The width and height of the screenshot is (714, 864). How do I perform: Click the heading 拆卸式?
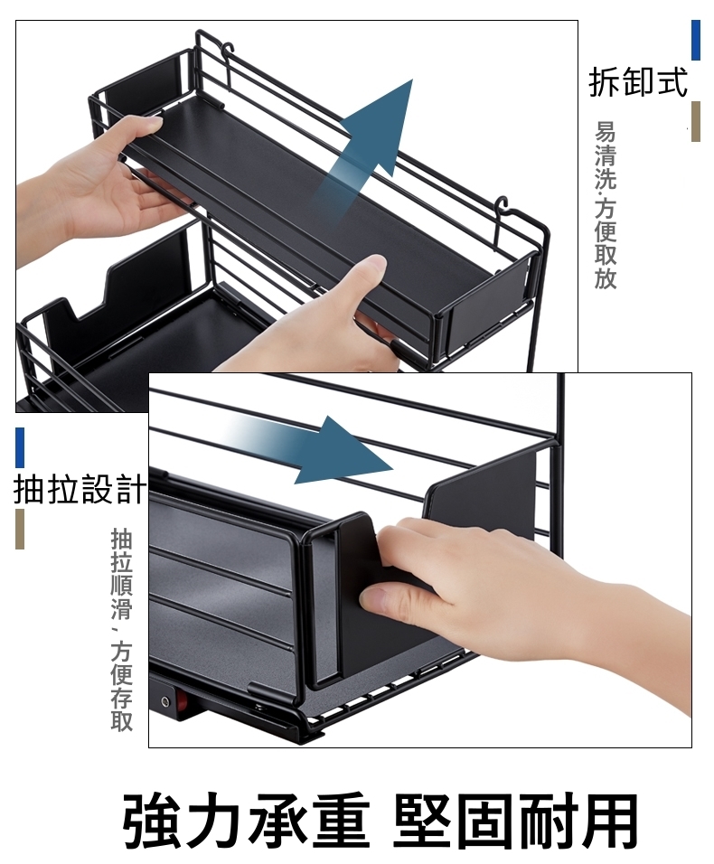(638, 82)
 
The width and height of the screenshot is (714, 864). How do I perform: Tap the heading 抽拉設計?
(80, 488)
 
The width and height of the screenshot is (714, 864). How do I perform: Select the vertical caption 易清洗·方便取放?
(605, 205)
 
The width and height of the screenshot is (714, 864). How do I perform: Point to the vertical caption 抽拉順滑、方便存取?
(121, 630)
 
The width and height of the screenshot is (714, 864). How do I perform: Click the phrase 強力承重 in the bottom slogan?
(246, 821)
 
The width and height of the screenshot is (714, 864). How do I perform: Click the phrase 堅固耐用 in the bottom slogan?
(515, 821)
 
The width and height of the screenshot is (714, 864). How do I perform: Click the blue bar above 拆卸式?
(696, 41)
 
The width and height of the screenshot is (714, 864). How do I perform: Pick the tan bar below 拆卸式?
(696, 121)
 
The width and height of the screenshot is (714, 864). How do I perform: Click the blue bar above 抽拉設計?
(20, 447)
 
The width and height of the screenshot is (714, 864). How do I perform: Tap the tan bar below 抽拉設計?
(20, 529)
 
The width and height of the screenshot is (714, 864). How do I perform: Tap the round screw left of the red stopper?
(164, 701)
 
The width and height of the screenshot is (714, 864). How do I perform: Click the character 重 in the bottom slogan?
(339, 821)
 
